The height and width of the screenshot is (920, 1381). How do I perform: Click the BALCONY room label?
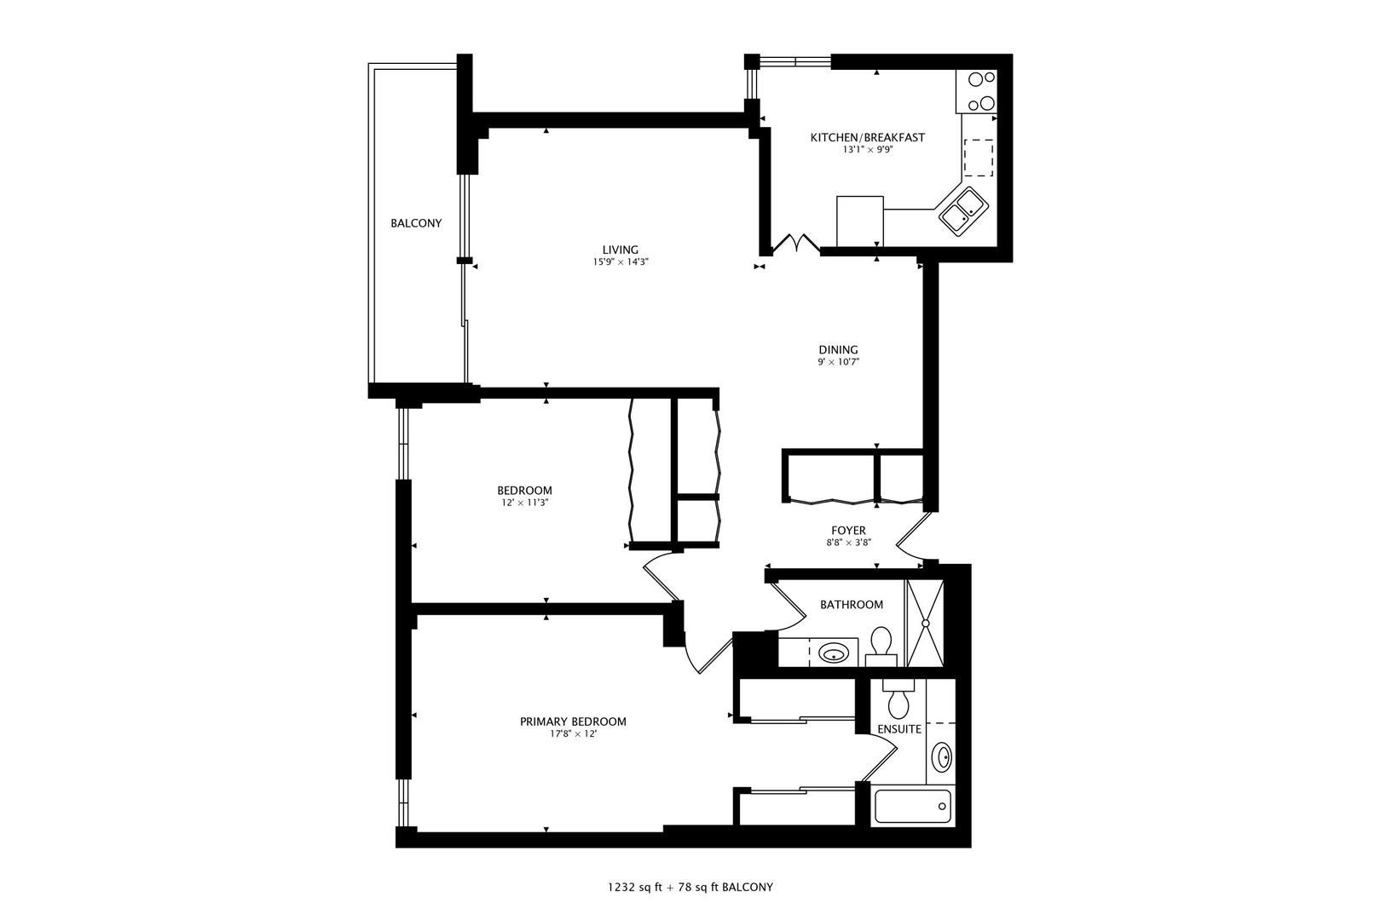click(x=416, y=223)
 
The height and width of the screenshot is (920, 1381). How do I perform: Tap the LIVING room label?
click(x=620, y=250)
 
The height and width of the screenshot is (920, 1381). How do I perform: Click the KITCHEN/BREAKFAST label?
click(x=867, y=137)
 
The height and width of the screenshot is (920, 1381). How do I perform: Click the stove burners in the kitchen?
click(x=979, y=90)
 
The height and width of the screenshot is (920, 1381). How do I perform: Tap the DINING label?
click(x=838, y=349)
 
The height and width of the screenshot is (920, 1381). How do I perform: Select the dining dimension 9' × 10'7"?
click(x=838, y=362)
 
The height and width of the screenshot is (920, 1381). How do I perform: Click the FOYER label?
click(x=848, y=530)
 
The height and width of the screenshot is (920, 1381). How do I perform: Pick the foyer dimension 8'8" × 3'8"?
click(x=848, y=542)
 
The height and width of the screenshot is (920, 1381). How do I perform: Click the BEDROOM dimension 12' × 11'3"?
click(x=524, y=503)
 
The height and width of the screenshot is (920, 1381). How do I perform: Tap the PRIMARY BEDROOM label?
click(x=573, y=722)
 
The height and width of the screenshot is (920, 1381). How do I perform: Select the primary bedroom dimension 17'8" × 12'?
click(x=573, y=734)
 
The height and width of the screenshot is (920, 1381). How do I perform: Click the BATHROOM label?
click(x=852, y=605)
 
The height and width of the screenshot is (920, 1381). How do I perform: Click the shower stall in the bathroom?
click(x=924, y=623)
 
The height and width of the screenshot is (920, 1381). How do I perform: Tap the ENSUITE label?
click(x=899, y=729)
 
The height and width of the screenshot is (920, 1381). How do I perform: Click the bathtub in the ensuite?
click(x=912, y=806)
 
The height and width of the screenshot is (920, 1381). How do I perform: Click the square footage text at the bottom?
click(x=690, y=887)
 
